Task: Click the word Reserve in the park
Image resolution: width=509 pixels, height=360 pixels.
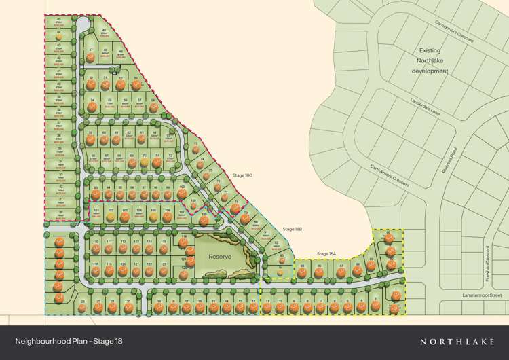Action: (x=220, y=257)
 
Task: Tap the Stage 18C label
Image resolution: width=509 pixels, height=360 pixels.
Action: (x=242, y=175)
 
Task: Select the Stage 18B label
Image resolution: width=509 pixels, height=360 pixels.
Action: (x=293, y=230)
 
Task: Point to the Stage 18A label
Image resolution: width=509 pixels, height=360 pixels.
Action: (x=326, y=254)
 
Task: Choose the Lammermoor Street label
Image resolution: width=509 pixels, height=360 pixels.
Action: (x=482, y=295)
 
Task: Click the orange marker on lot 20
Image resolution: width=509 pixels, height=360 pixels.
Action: (x=128, y=306)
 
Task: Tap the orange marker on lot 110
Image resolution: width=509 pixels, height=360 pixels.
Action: (x=96, y=248)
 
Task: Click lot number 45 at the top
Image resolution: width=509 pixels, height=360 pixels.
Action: (x=59, y=20)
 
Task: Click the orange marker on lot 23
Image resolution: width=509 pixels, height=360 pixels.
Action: (x=83, y=307)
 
